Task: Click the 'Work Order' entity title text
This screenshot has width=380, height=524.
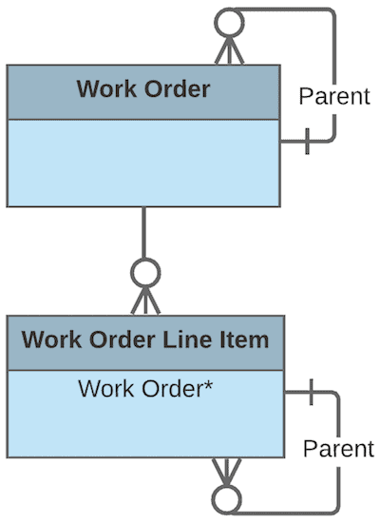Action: [142, 90]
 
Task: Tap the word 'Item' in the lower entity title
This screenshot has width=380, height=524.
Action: [242, 340]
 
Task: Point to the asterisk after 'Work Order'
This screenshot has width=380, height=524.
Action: [206, 385]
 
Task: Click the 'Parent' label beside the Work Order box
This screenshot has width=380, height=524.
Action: [333, 96]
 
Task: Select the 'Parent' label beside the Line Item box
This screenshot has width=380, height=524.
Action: [339, 448]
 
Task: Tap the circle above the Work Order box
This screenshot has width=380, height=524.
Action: [229, 21]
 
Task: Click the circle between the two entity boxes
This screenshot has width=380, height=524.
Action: [143, 274]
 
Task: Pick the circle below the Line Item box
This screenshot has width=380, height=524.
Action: [226, 499]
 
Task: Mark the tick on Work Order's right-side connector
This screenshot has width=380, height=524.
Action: [306, 144]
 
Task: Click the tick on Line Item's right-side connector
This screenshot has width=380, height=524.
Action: [311, 390]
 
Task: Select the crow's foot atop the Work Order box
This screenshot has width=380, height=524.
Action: [229, 50]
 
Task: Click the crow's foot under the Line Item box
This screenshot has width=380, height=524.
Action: [226, 472]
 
